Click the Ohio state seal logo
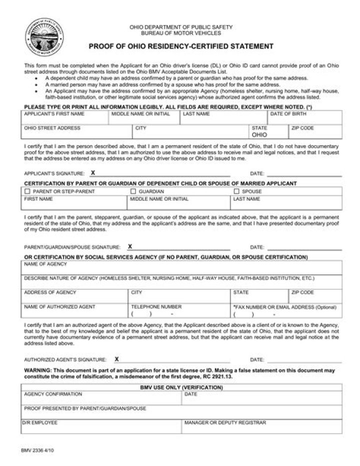point(44,37)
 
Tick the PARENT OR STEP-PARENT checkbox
point(27,191)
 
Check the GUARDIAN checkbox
point(133,191)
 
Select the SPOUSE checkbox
point(236,191)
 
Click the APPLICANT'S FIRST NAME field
point(65,118)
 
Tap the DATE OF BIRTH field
point(305,118)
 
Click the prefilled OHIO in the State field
point(259,135)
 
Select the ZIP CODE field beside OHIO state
point(315,132)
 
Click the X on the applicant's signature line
point(93,173)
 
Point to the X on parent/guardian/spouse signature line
point(130,247)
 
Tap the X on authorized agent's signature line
point(116,359)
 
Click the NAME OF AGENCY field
point(181,268)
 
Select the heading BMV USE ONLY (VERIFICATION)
point(181,387)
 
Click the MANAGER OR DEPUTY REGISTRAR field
point(261,427)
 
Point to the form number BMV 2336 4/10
point(37,450)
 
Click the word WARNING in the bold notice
point(37,370)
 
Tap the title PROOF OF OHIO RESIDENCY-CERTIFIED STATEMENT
point(181,47)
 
